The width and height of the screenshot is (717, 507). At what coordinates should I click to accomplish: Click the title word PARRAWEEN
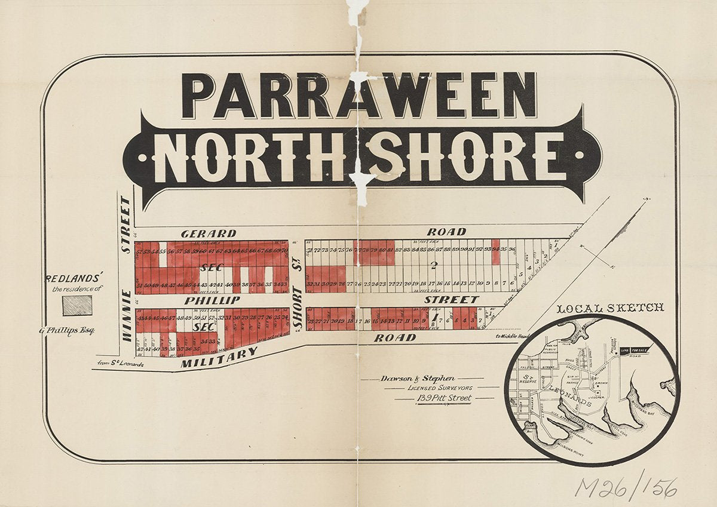[358, 96]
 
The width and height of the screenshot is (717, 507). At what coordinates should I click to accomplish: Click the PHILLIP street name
[212, 300]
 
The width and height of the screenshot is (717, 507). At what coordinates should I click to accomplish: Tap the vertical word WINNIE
[127, 315]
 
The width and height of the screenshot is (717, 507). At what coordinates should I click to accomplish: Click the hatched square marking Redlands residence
[78, 305]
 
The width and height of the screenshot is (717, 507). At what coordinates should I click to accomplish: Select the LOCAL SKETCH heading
[610, 308]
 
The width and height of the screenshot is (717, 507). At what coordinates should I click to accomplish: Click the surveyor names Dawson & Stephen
[418, 379]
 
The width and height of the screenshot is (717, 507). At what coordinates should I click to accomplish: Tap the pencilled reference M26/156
[626, 487]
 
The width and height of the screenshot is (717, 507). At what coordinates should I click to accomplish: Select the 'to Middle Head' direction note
[512, 336]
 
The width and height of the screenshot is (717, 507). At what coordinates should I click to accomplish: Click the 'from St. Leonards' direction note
[121, 362]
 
